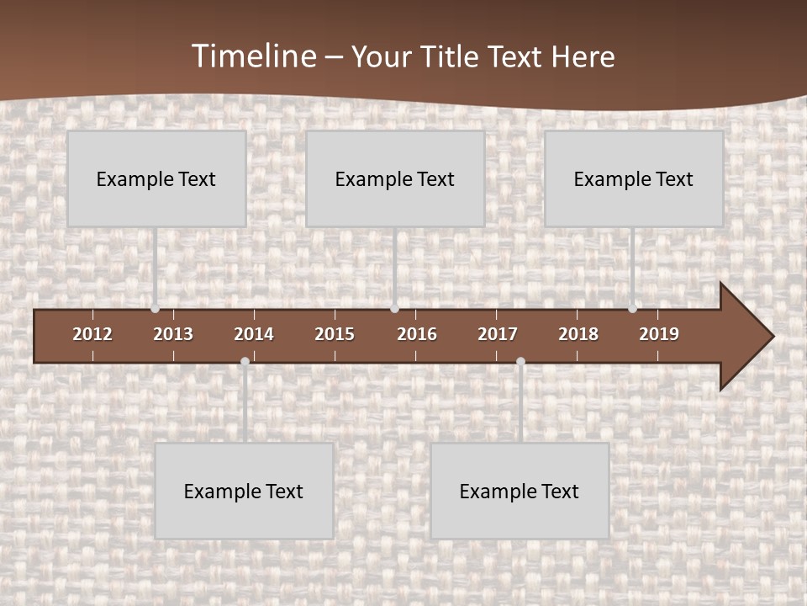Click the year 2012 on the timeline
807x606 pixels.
click(92, 334)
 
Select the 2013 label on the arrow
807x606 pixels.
click(173, 334)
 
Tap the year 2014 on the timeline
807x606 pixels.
click(254, 334)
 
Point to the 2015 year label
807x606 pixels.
click(335, 334)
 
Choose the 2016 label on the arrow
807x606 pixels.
click(417, 334)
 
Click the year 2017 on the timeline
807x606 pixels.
click(498, 334)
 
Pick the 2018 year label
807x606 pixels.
click(578, 334)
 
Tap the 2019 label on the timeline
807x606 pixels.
click(659, 334)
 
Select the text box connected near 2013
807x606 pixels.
click(156, 178)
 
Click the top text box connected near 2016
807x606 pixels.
click(395, 178)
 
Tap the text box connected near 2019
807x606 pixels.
click(634, 178)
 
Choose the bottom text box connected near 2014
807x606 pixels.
click(244, 491)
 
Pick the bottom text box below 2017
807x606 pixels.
click(520, 491)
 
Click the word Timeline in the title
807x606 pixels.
click(254, 56)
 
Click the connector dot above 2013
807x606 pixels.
click(155, 309)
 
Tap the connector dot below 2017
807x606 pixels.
click(520, 362)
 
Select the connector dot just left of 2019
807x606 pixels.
click(632, 309)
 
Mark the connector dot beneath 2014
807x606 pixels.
click(245, 362)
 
